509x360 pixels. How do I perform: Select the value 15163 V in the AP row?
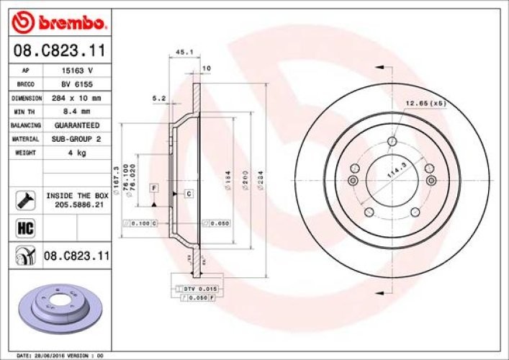[x=78, y=71]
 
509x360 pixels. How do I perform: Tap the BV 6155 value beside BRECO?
[x=78, y=84]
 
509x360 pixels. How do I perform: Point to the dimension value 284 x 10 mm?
[x=78, y=98]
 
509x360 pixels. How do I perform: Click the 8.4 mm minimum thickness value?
[x=78, y=112]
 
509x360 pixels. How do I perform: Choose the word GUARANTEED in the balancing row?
[x=78, y=125]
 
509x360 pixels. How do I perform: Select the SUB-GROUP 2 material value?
[x=78, y=139]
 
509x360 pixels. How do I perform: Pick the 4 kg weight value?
[x=78, y=153]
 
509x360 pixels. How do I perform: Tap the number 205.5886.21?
[x=78, y=204]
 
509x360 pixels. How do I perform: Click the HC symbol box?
[x=22, y=228]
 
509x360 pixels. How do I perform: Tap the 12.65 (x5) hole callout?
[x=425, y=104]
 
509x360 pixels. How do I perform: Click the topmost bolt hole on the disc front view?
[x=392, y=141]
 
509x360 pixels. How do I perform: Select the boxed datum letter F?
[x=153, y=188]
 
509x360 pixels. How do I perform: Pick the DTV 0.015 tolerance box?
[x=196, y=288]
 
